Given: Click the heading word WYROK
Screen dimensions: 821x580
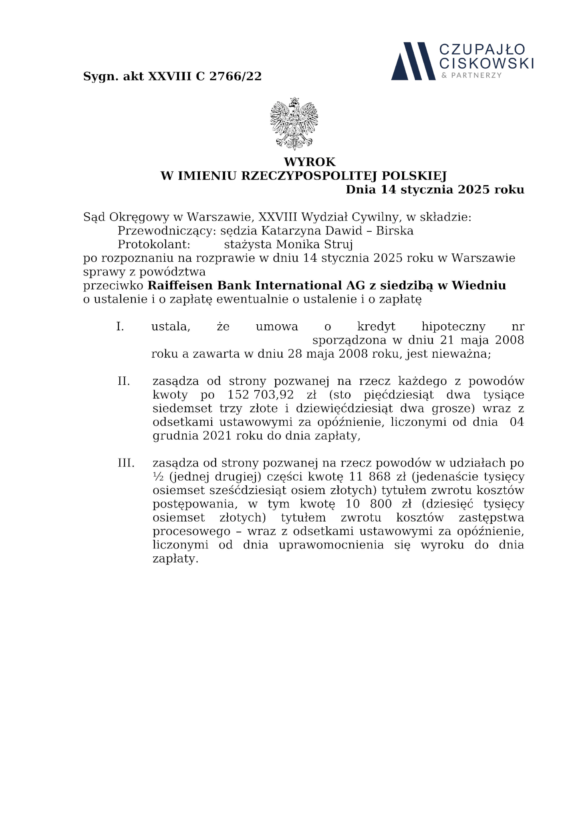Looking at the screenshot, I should click(x=310, y=162).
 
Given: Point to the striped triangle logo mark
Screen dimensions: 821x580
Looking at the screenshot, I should click(x=413, y=61).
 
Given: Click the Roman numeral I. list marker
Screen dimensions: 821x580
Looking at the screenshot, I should click(x=120, y=327).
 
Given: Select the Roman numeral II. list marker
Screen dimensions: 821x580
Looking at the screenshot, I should click(x=124, y=381).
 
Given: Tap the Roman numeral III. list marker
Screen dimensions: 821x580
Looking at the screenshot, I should click(x=126, y=463).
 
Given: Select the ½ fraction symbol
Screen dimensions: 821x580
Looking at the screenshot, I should click(x=157, y=477).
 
